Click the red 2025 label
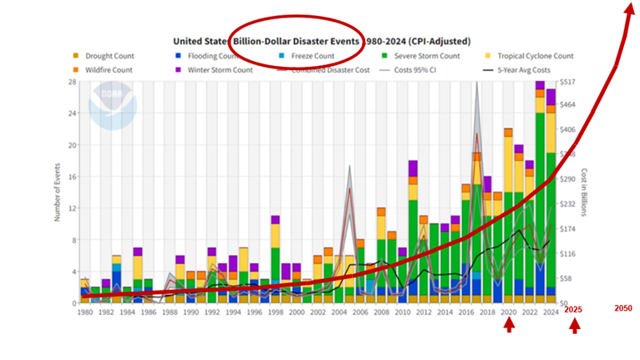(x=573, y=310)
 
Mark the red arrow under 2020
(x=509, y=327)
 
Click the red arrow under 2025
(x=574, y=327)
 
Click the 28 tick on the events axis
(x=74, y=81)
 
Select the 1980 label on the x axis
(x=84, y=312)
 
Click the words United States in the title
(x=202, y=41)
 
